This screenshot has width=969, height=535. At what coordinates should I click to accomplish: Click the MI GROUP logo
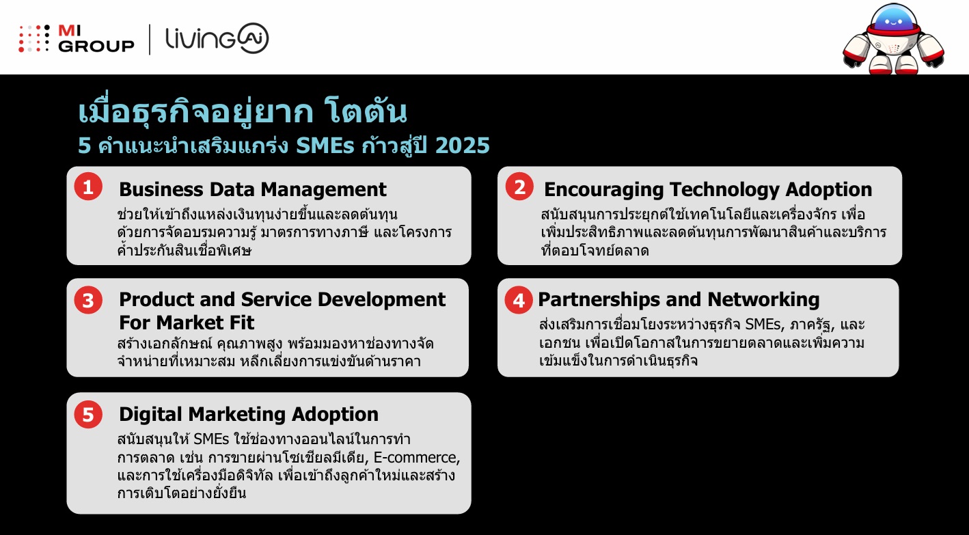[x=77, y=38]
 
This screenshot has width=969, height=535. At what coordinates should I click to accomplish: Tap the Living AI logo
[x=217, y=39]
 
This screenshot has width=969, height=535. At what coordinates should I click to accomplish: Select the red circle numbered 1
[x=87, y=187]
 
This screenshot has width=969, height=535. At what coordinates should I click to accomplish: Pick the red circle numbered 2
[x=519, y=187]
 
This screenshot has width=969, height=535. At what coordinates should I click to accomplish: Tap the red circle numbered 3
[x=87, y=300]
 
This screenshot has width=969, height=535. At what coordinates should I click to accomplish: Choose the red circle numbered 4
[x=519, y=300]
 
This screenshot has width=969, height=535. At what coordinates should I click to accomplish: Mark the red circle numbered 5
[x=87, y=414]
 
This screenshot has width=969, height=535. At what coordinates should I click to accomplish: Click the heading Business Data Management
[x=252, y=189]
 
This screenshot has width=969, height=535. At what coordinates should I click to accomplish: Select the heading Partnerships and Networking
[x=678, y=299]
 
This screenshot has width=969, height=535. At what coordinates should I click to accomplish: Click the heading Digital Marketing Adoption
[x=248, y=414]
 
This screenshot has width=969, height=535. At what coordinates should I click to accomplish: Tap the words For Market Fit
[x=187, y=322]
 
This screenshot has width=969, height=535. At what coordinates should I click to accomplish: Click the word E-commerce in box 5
[x=423, y=457]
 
